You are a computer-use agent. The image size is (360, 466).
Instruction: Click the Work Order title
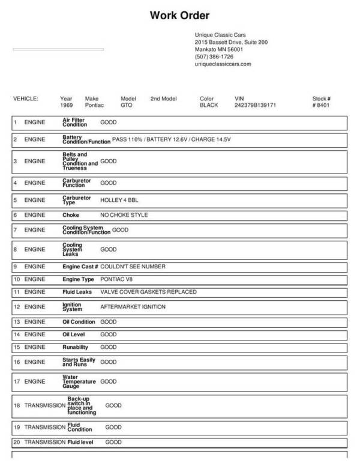click(x=179, y=16)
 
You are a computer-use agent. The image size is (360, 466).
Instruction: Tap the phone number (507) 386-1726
click(x=214, y=56)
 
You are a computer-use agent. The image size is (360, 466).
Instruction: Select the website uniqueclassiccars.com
click(x=223, y=64)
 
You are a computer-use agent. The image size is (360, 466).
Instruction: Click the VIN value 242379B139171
click(x=255, y=104)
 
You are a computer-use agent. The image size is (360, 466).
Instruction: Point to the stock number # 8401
click(x=321, y=104)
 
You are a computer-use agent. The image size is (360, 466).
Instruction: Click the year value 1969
click(x=67, y=104)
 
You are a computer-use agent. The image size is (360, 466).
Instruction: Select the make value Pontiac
click(x=94, y=104)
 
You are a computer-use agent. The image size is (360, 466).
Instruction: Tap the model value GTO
click(x=126, y=104)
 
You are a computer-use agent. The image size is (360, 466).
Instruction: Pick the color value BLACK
click(x=209, y=104)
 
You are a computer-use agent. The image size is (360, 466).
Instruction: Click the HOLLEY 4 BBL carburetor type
click(x=119, y=199)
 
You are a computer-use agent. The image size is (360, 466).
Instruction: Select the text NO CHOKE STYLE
click(x=124, y=214)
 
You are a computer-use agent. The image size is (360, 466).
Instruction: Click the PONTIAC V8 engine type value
click(x=119, y=279)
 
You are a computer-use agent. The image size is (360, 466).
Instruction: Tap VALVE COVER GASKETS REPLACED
click(x=148, y=292)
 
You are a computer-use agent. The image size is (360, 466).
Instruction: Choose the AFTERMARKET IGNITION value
click(x=133, y=307)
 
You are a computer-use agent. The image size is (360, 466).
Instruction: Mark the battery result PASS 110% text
click(x=126, y=139)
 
